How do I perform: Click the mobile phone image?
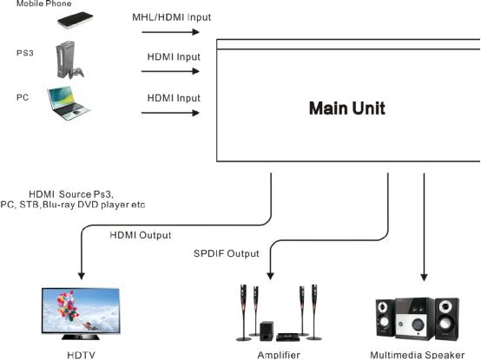(x=76, y=20)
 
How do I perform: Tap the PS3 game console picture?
(x=65, y=59)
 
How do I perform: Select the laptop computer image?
(x=69, y=103)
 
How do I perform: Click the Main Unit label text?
(x=347, y=108)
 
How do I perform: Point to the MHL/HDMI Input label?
(x=172, y=17)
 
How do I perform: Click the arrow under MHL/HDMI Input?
(x=170, y=32)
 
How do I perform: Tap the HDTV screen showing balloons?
(x=81, y=310)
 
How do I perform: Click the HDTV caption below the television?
(x=81, y=355)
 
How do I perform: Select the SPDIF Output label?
(x=227, y=253)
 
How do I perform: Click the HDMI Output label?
(x=141, y=235)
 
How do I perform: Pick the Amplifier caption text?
(x=279, y=355)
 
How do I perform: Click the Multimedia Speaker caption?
(x=418, y=355)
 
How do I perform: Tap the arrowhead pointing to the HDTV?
(x=82, y=276)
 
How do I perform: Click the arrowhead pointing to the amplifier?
(x=270, y=276)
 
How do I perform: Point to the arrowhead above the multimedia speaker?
(x=424, y=278)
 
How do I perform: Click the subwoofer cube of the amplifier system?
(x=267, y=331)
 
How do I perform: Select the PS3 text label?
(x=25, y=53)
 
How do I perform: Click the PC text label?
(x=23, y=97)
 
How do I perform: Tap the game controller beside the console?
(x=76, y=73)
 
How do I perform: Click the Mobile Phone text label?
(x=44, y=3)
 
